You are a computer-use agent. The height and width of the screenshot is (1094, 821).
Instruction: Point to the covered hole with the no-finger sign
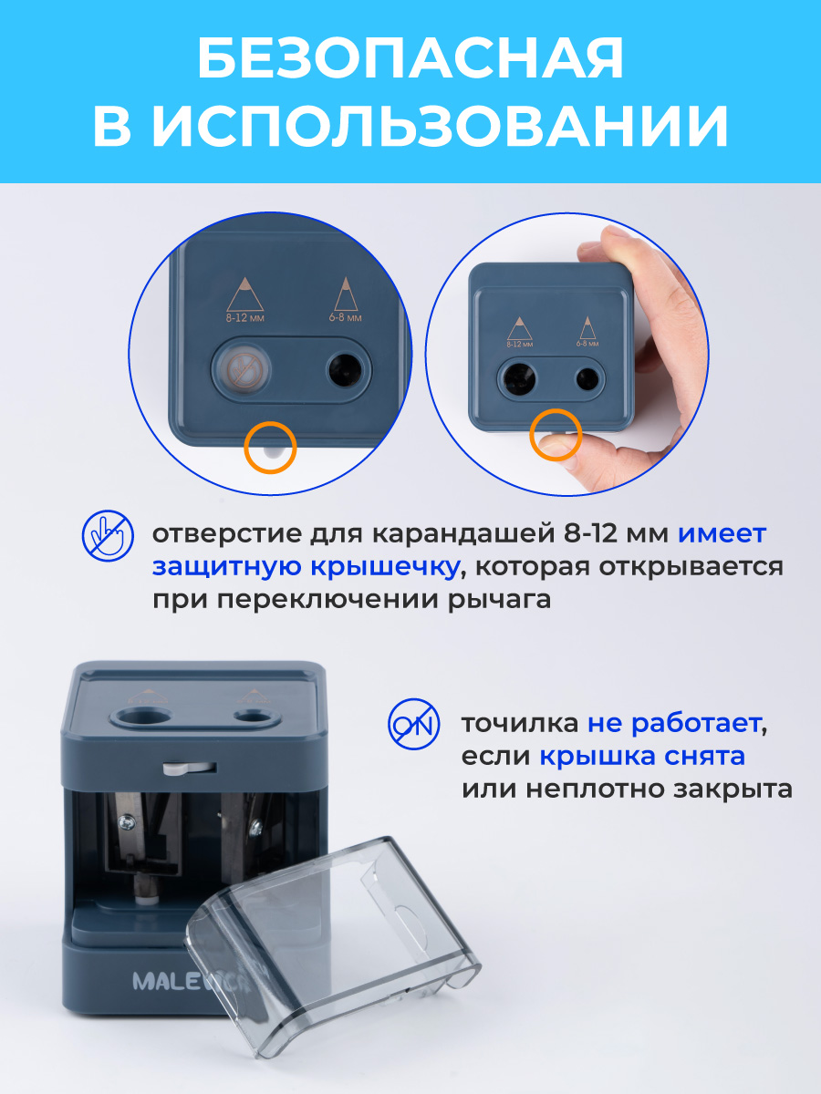point(241,369)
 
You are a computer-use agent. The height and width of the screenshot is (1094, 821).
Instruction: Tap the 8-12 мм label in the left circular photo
point(244,319)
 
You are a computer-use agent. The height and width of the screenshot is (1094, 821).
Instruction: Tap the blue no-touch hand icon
point(107,535)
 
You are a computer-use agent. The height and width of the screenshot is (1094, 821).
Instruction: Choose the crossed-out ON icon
point(413,725)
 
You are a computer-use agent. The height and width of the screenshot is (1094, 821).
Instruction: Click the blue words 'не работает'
point(672,725)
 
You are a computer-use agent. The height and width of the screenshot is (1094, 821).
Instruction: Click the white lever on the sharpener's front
point(177,769)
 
